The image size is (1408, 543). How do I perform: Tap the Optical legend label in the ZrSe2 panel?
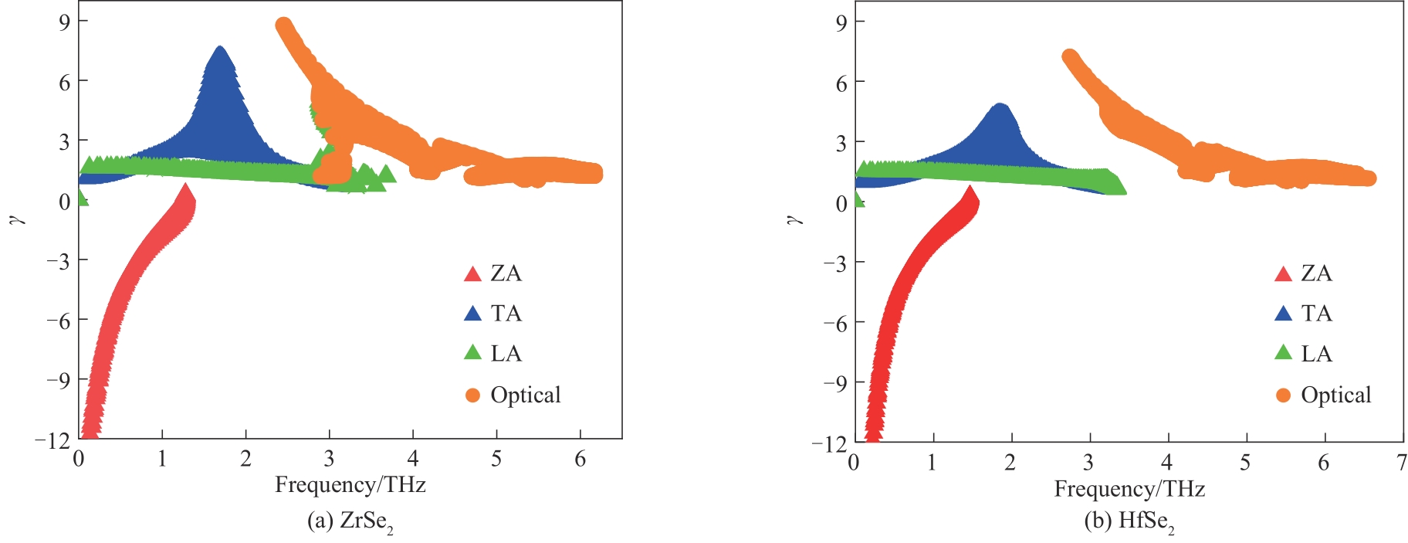click(525, 395)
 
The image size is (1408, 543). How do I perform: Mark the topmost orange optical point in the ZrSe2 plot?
click(283, 25)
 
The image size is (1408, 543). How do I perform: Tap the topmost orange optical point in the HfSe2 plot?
click(1069, 56)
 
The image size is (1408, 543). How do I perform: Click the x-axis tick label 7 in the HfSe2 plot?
click(1401, 463)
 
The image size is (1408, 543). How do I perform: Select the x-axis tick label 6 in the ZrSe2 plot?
click(580, 460)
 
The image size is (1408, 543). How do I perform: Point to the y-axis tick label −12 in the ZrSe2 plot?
click(52, 440)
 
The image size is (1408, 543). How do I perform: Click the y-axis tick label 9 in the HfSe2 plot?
click(841, 22)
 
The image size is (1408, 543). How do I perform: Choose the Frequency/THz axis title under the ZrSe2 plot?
click(350, 485)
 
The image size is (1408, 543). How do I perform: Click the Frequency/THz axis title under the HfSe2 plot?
click(1129, 489)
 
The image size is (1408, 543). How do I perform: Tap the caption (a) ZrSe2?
click(350, 522)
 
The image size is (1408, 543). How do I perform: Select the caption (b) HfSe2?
click(1129, 522)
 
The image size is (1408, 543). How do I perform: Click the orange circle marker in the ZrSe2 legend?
click(472, 395)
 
